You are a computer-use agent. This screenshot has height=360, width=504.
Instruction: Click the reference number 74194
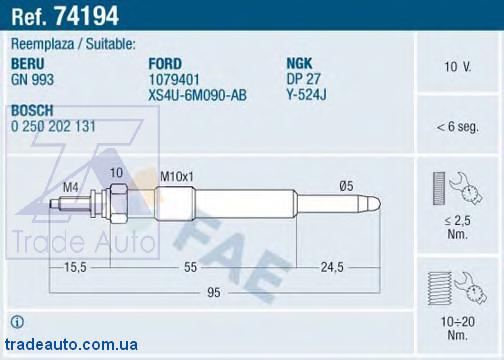coord(87,16)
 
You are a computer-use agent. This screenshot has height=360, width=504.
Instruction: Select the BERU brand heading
coord(28,64)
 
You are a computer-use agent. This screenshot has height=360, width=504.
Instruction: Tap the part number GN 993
coord(32,80)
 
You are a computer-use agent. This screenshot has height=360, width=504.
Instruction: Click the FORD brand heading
coord(165,64)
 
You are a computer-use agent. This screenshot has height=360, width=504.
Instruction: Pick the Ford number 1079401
coord(174,80)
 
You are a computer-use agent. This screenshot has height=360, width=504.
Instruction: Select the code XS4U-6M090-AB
coord(197,95)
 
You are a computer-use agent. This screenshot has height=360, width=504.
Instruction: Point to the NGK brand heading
coord(299,63)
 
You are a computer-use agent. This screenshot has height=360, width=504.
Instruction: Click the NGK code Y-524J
coord(307,95)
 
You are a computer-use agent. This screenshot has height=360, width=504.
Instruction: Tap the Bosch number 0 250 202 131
coord(53,126)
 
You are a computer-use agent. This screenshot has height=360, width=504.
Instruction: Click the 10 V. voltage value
coord(457,67)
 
